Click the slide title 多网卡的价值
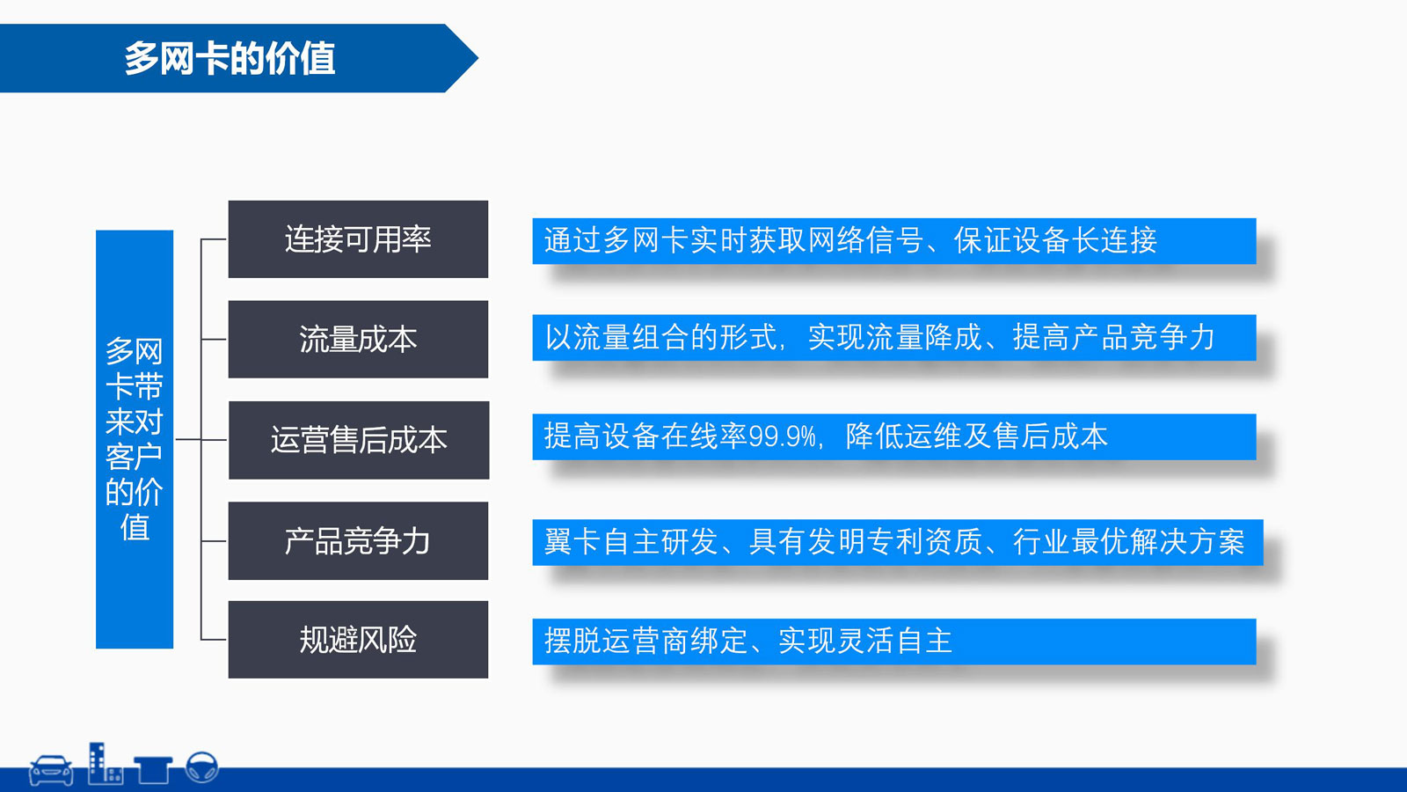coord(230,58)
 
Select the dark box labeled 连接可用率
coord(358,238)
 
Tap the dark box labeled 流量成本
coord(358,340)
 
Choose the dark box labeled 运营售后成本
coord(359,440)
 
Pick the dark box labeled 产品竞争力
coord(358,540)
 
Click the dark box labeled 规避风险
coord(358,639)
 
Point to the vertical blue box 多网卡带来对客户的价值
coord(135,439)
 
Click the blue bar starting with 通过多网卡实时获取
coord(893,241)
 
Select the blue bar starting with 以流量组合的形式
coord(893,338)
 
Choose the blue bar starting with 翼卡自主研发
coord(898,542)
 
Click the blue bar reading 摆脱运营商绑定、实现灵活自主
coord(893,642)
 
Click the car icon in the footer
coord(51,770)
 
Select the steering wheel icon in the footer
coord(202,767)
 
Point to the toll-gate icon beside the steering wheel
coord(153,770)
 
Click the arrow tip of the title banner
coord(478,58)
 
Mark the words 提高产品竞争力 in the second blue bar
coord(1113,338)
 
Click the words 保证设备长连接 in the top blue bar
coord(1055,240)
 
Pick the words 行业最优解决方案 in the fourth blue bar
coord(1129,542)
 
